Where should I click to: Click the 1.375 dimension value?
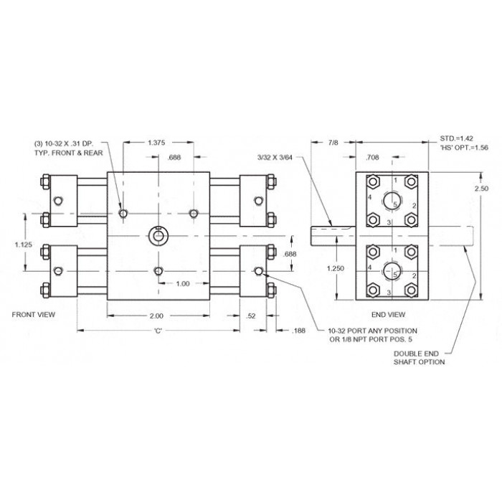[156, 143]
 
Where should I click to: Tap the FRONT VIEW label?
[34, 315]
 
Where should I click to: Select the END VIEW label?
[389, 315]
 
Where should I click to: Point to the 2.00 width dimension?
[156, 316]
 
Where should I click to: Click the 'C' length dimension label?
[158, 331]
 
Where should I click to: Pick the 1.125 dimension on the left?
[24, 245]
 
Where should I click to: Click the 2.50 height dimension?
[481, 188]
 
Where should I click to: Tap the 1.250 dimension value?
[336, 268]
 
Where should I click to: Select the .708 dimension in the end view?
[372, 157]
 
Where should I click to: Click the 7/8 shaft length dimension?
[333, 143]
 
